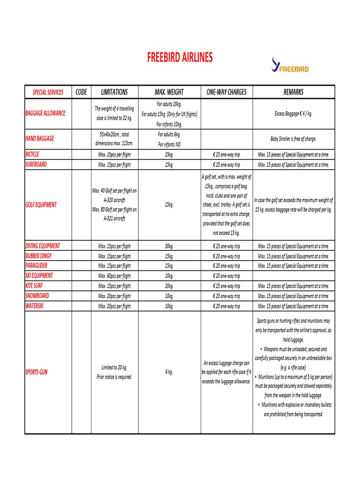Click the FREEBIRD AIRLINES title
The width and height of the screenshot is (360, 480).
point(180,58)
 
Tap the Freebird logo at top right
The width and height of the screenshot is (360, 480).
point(290,65)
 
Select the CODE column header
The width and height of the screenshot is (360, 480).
point(81,92)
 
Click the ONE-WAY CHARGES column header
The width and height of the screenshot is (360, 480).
point(226,92)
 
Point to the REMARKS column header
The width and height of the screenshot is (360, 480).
point(293,92)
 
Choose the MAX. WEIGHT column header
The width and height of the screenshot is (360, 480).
point(169,92)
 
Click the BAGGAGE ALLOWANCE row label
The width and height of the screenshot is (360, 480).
point(45,113)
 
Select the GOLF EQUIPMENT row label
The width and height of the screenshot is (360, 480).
point(41,205)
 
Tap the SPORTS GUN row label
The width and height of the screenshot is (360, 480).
point(36,372)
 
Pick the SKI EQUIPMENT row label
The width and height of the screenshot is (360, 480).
point(39,276)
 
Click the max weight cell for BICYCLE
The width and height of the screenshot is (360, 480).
point(169,155)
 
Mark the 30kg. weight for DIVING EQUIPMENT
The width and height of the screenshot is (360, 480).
point(169,246)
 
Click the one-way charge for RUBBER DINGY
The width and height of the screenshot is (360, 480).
point(226,256)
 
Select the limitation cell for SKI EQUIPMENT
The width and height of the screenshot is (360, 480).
point(114,276)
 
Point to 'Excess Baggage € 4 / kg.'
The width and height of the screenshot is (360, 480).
point(293,113)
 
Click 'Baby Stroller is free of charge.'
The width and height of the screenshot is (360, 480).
point(293,139)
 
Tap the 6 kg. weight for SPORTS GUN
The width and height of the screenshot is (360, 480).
point(169,372)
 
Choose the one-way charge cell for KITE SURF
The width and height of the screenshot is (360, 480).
point(226,286)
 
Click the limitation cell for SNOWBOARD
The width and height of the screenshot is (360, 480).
point(114,296)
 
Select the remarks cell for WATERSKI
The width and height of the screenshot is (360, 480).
point(293,306)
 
